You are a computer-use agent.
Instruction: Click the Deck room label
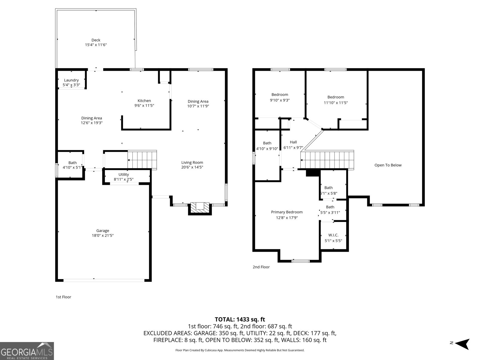pos(96,40)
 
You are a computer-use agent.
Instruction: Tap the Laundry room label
pos(71,80)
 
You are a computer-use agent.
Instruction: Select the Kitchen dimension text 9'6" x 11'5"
pos(144,106)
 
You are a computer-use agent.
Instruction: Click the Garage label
pos(103,231)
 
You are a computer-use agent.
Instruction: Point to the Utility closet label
pos(124,175)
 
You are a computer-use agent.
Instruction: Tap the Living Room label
pos(192,163)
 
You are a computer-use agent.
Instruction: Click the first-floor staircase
pos(142,160)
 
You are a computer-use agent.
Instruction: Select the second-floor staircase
pos(327,160)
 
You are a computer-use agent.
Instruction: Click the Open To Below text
pos(388,165)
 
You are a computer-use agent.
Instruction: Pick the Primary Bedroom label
pos(287,212)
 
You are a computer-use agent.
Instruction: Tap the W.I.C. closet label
pos(333,235)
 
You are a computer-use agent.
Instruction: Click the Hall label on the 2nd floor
pos(293,142)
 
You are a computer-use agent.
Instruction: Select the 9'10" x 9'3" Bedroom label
pos(280,95)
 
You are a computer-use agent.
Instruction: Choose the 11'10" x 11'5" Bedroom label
pos(336,97)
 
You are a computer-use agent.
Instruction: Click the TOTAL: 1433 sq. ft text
pos(240,319)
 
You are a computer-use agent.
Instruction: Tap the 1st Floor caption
pos(63,297)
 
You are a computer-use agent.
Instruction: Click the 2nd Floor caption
pos(261,267)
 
